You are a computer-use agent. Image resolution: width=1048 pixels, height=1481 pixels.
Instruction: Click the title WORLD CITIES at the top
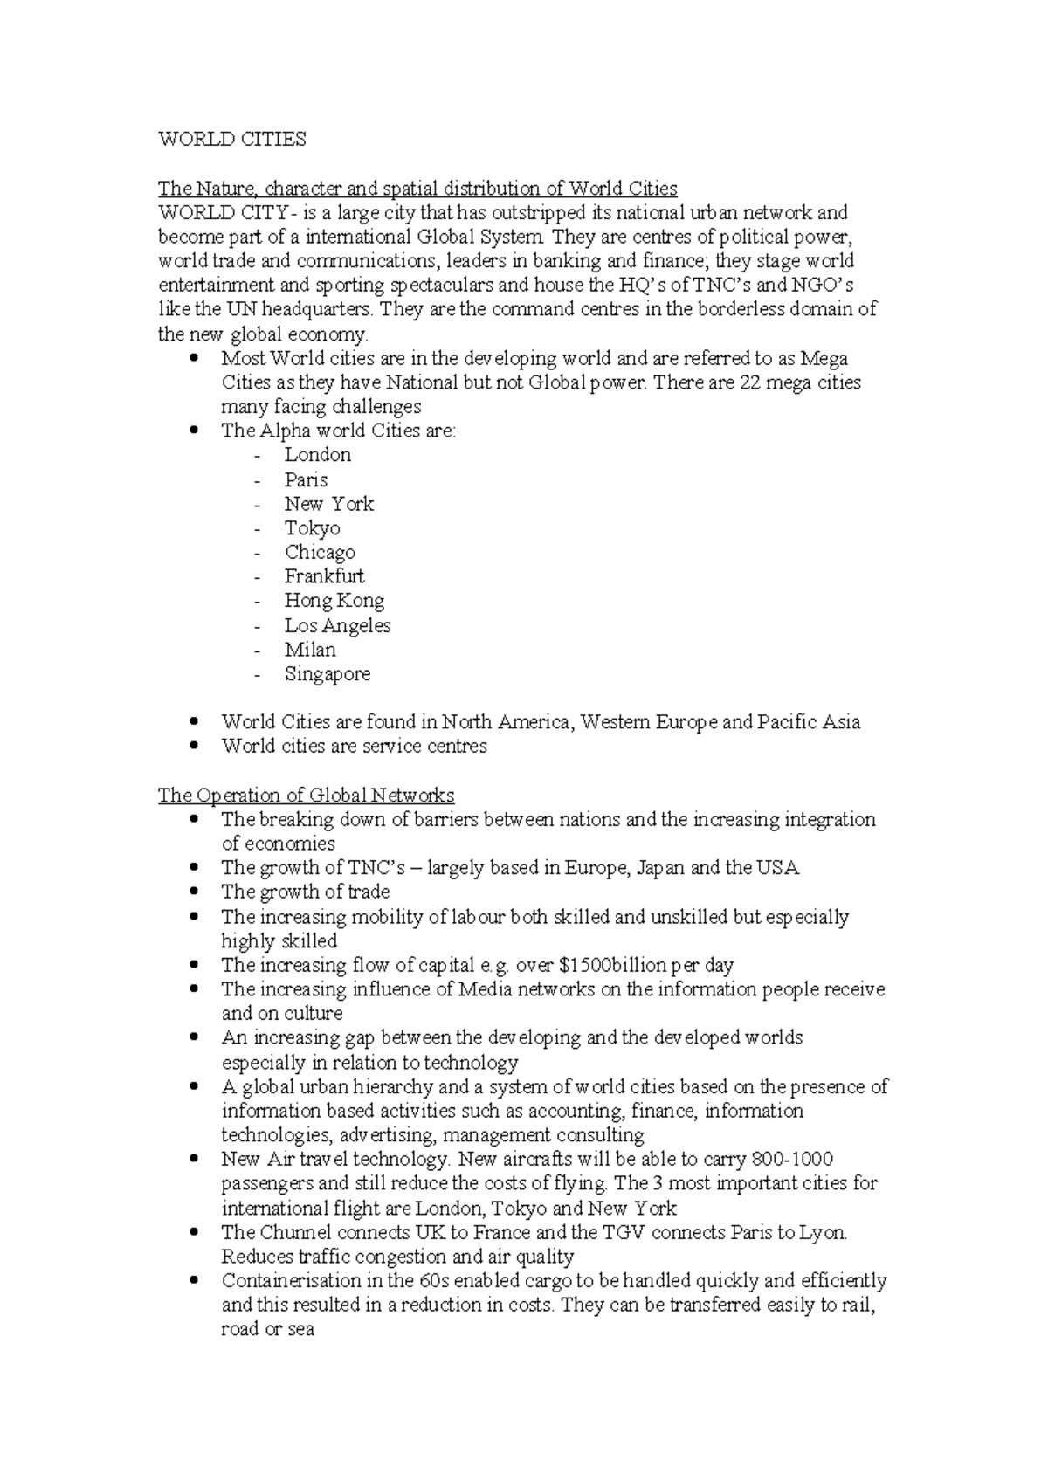coord(231,140)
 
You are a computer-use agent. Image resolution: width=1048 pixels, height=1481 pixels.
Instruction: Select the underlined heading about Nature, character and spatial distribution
coord(417,189)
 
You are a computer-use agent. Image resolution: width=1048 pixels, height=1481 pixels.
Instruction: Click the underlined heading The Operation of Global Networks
coord(306,796)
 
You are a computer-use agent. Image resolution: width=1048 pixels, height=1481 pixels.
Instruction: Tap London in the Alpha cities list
coord(318,455)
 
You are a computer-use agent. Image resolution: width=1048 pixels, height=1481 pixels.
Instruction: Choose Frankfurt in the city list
coord(324,576)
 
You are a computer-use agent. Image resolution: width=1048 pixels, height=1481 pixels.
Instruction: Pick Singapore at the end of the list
coord(327,674)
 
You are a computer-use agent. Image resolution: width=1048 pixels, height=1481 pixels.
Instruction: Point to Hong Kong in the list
coord(334,601)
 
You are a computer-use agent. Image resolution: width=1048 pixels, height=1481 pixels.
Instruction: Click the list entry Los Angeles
coord(337,625)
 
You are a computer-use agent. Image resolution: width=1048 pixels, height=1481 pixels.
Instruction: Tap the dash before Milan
coord(258,651)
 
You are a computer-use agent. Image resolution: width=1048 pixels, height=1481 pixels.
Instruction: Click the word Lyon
coord(824,1233)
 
